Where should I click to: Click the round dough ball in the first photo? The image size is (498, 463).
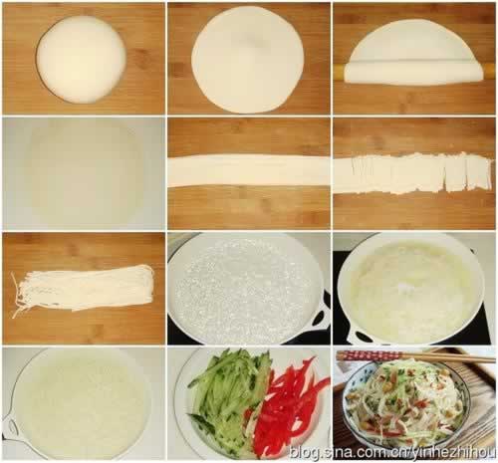(x=82, y=59)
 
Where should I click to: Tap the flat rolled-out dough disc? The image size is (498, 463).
(x=248, y=60)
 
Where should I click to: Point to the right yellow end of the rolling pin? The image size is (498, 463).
(x=487, y=72)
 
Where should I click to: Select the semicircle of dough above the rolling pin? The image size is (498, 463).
(x=415, y=40)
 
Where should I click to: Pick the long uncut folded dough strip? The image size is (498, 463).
(x=249, y=171)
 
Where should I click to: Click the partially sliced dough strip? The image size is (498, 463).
(x=412, y=173)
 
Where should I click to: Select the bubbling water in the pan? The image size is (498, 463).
(x=245, y=289)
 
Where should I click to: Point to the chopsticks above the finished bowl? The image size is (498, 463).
(x=416, y=356)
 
